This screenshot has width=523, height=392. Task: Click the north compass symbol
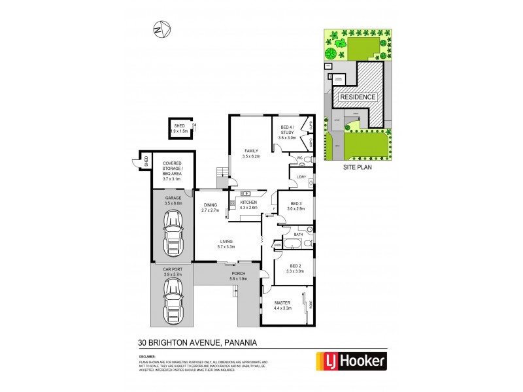click(x=160, y=29)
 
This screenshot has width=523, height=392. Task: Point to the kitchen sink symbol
click(x=247, y=194)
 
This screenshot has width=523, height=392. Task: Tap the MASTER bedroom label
click(x=282, y=302)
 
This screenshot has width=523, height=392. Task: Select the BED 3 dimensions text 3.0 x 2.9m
click(x=295, y=209)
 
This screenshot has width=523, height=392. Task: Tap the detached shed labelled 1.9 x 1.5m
click(x=179, y=128)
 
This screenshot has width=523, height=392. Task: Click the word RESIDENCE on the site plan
click(x=357, y=97)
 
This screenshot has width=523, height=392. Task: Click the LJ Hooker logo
click(x=351, y=360)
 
